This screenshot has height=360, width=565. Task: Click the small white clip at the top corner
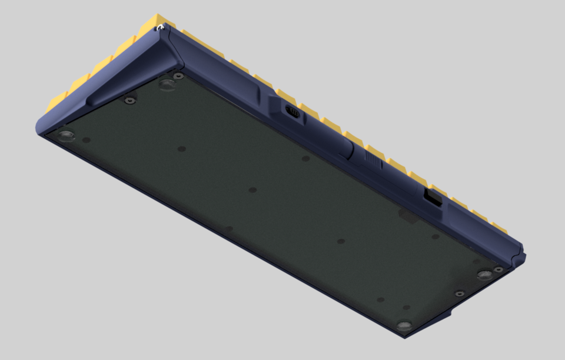[158, 26]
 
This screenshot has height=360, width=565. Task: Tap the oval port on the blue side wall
[291, 111]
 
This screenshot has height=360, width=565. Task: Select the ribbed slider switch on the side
[373, 159]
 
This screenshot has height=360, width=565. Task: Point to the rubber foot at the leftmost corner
[64, 135]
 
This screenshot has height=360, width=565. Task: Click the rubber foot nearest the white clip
[168, 85]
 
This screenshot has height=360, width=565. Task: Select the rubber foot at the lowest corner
[403, 326]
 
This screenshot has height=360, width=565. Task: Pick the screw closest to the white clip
[178, 76]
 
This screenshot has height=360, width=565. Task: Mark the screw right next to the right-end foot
[498, 269]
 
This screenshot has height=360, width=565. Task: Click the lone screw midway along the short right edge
[460, 293]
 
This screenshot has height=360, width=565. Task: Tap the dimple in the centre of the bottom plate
[252, 190]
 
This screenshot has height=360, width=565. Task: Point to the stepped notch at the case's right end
[520, 256]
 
